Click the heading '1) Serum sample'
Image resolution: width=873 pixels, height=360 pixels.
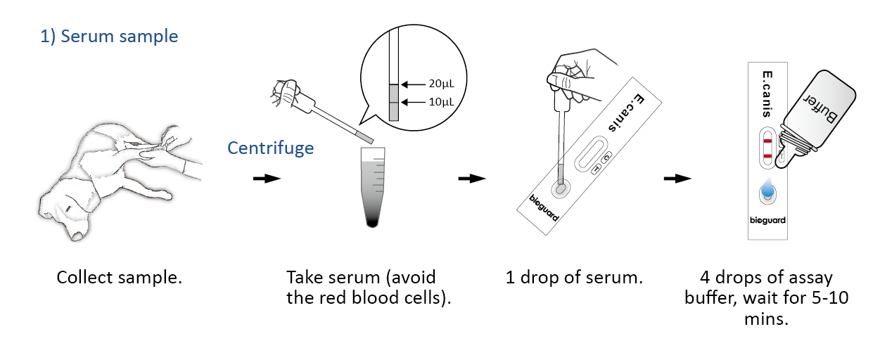[109, 37]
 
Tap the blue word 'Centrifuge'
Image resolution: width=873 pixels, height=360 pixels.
[270, 148]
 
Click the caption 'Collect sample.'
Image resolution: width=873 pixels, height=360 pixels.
[119, 277]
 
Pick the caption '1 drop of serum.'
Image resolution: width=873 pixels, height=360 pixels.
[574, 277]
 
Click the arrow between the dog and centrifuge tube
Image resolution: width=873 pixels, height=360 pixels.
[267, 179]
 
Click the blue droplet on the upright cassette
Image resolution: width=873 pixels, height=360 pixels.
[767, 190]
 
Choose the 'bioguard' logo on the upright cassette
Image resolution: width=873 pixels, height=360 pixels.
[767, 220]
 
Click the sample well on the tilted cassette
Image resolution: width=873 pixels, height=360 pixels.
[560, 189]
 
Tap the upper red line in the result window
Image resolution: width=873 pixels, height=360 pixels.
[767, 141]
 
